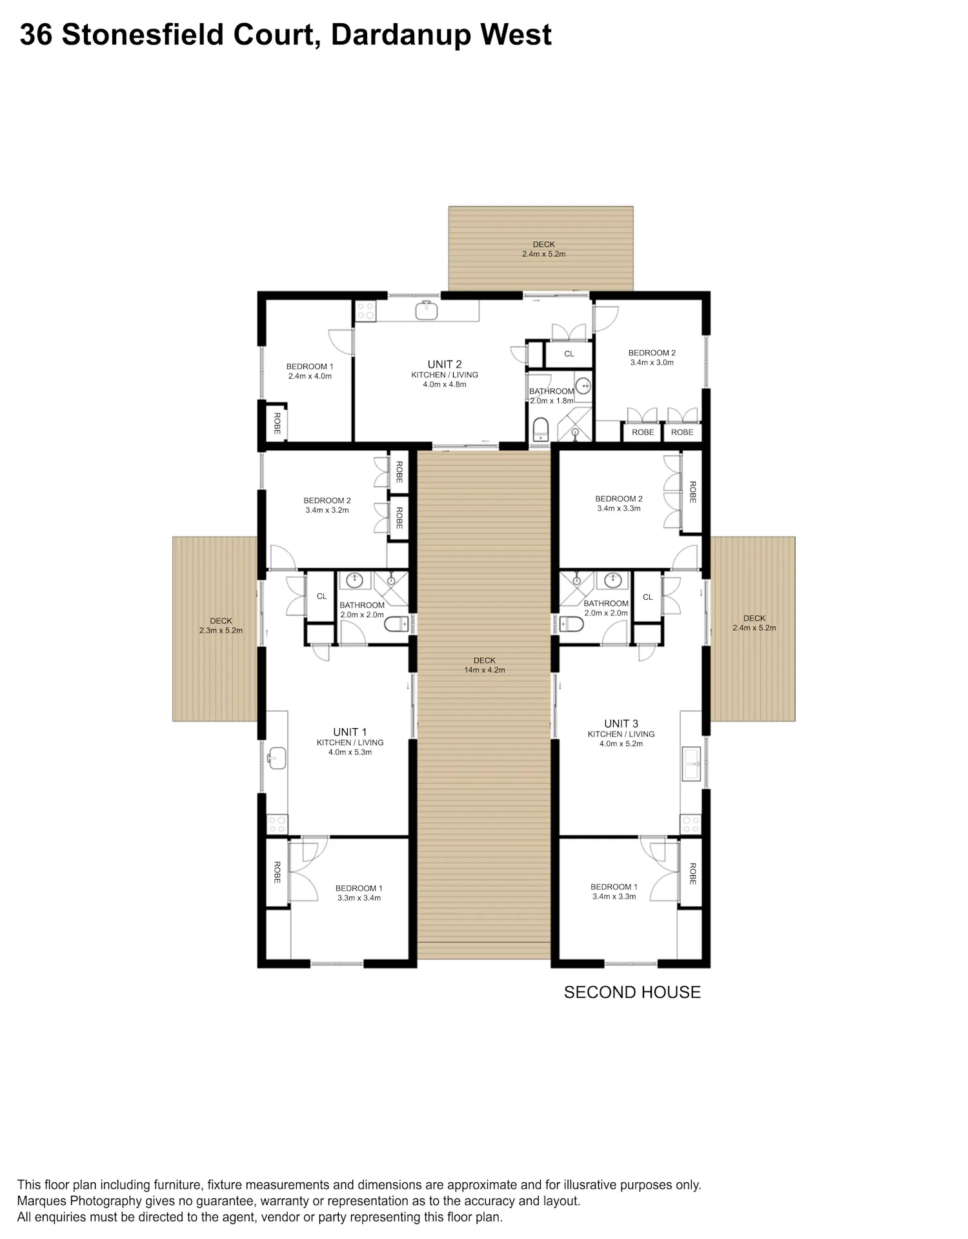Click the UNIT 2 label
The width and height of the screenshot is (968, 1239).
tap(445, 364)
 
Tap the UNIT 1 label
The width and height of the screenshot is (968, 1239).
tap(350, 732)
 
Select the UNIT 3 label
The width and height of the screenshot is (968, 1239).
tap(621, 724)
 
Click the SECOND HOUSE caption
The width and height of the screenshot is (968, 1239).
tap(632, 992)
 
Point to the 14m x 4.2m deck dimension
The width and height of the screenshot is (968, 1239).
tap(485, 670)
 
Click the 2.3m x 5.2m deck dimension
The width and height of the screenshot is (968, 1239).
tap(221, 630)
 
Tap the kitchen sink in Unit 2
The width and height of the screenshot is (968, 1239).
tap(427, 310)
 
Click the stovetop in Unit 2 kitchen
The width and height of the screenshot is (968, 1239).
tap(365, 311)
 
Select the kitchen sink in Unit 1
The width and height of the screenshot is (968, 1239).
tap(276, 758)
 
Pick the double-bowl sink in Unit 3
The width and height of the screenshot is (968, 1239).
tap(691, 764)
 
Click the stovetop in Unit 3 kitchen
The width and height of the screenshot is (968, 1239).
tap(691, 824)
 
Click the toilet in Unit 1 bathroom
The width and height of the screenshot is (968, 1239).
tap(396, 624)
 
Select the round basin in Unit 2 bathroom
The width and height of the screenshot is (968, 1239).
tap(583, 386)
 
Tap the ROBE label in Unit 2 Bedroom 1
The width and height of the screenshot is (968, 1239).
tap(277, 423)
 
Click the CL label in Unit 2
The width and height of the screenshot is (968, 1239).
tap(569, 353)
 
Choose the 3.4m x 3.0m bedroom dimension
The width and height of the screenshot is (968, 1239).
tap(652, 362)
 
